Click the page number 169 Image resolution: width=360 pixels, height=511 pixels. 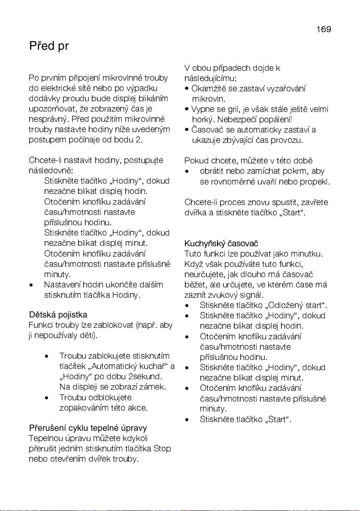(x=324, y=30)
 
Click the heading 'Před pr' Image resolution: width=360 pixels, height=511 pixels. (x=49, y=46)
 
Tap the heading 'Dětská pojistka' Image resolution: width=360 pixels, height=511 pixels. (x=58, y=315)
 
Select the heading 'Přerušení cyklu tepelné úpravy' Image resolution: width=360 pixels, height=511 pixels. (x=88, y=428)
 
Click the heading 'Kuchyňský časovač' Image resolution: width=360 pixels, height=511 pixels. (x=221, y=244)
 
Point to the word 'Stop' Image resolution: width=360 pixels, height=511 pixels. (x=162, y=449)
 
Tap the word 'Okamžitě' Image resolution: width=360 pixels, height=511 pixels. (x=207, y=89)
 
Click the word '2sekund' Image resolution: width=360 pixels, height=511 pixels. (x=145, y=377)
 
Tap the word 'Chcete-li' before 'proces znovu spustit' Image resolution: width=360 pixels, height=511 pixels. (x=199, y=202)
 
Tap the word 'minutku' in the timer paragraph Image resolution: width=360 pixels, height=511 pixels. (x=307, y=254)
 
